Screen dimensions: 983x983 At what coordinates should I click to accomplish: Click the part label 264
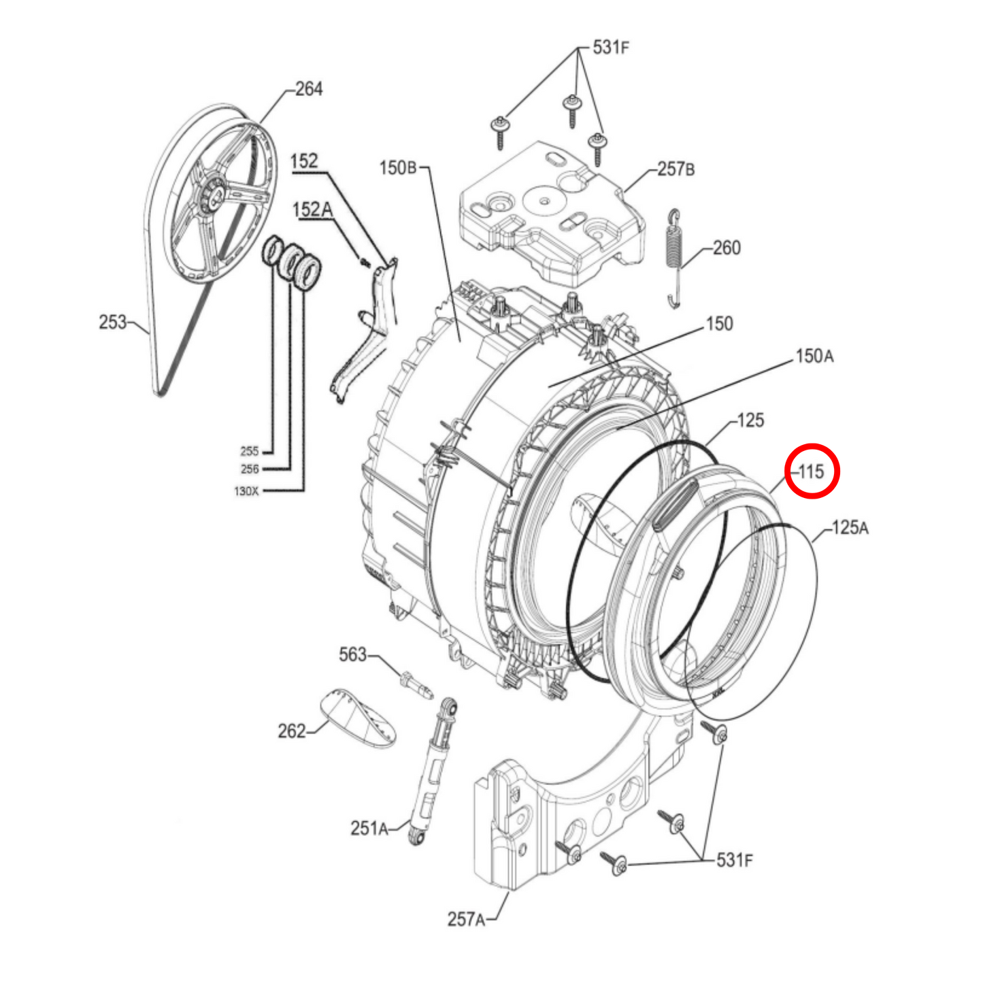[x=309, y=89]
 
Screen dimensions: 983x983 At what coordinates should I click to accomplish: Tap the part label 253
[x=113, y=322]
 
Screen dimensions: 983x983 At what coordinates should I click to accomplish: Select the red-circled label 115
[x=811, y=471]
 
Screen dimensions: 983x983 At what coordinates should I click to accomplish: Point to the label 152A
[x=313, y=209]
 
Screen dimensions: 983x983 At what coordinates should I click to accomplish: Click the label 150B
[x=399, y=168]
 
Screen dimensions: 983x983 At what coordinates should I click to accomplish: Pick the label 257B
[x=676, y=169]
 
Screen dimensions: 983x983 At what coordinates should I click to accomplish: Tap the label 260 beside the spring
[x=727, y=248]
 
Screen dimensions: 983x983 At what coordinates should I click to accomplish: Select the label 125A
[x=850, y=527]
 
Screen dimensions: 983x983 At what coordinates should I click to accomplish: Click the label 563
[x=353, y=654]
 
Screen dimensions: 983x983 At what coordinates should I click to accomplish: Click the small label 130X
[x=247, y=491]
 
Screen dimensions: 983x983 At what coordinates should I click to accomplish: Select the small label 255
[x=250, y=451]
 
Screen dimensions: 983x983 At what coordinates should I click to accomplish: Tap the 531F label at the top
[x=611, y=48]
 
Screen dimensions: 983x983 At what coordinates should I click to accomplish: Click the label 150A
[x=815, y=356]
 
